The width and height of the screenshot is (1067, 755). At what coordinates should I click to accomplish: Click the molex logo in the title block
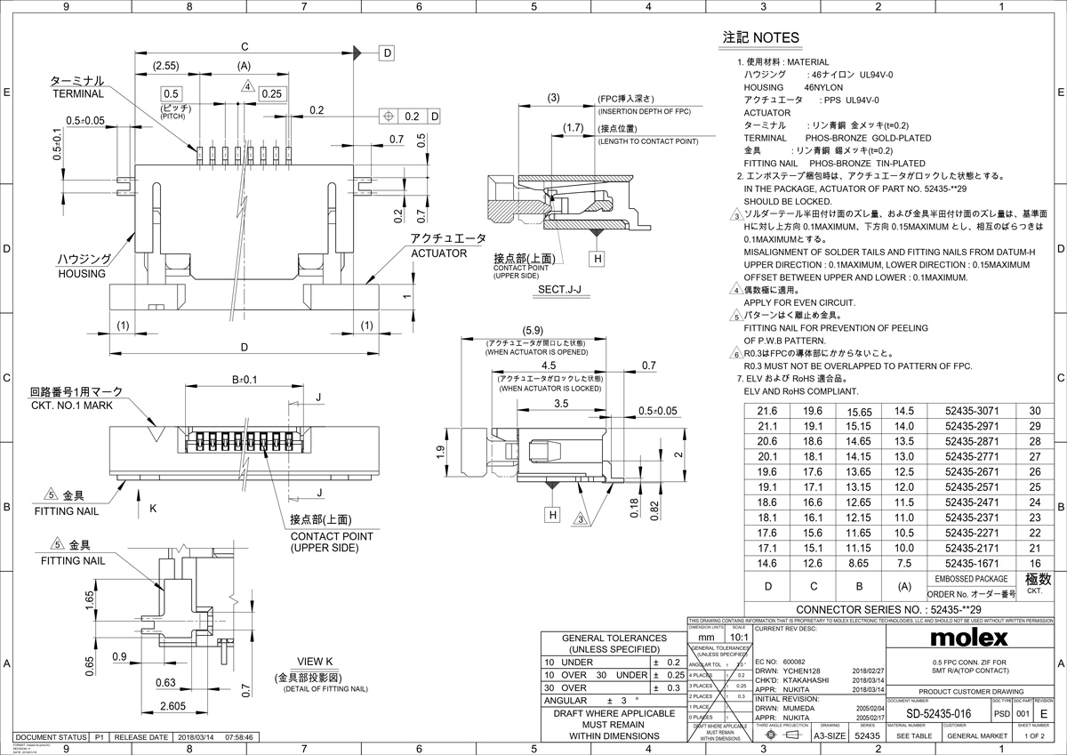click(968, 639)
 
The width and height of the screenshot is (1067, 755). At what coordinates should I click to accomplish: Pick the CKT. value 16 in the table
click(1034, 563)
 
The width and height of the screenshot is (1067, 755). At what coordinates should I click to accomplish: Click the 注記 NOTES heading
click(760, 38)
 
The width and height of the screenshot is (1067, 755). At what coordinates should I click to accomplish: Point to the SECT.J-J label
click(559, 289)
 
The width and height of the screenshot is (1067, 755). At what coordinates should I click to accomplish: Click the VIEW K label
click(316, 662)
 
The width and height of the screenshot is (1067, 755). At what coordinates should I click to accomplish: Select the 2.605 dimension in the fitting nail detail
click(175, 705)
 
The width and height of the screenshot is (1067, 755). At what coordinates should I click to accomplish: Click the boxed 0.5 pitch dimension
click(172, 93)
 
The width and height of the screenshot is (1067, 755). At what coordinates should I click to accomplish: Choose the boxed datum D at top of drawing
click(388, 53)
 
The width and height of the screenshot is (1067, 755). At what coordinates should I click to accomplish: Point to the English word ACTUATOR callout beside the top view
click(438, 253)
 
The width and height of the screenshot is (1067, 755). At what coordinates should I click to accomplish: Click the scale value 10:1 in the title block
click(738, 638)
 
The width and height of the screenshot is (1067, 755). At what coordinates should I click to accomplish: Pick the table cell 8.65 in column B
click(858, 563)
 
